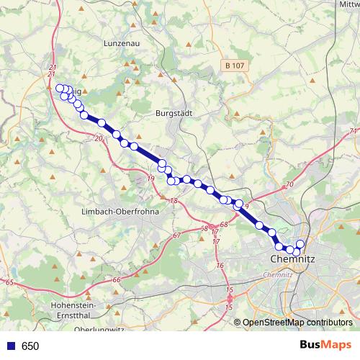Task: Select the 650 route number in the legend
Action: pyautogui.click(x=30, y=346)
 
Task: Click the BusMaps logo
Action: pyautogui.click(x=325, y=345)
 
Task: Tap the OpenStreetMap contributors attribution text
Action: pyautogui.click(x=297, y=323)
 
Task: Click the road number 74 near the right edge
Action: pyautogui.click(x=353, y=131)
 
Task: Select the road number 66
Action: pyautogui.click(x=117, y=279)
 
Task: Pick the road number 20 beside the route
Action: pyautogui.click(x=99, y=138)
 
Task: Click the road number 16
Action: pyautogui.click(x=220, y=265)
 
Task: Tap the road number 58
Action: pyautogui.click(x=204, y=228)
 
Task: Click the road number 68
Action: pyautogui.click(x=223, y=225)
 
